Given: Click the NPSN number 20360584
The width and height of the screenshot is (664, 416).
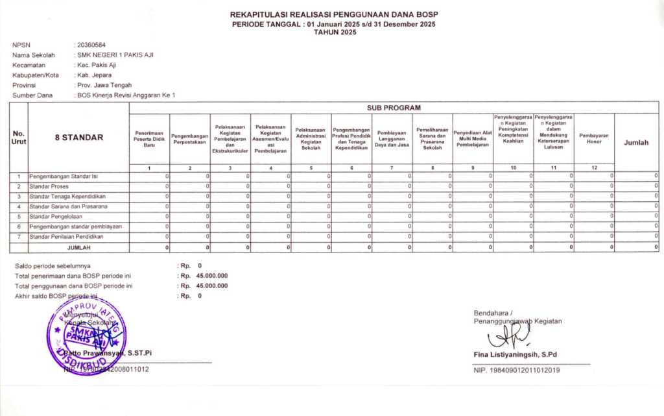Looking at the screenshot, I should [x=91, y=45].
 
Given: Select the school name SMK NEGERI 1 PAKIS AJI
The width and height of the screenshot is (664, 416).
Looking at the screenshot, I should [x=115, y=55].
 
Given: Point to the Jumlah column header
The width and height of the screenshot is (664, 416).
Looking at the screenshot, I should [x=635, y=143].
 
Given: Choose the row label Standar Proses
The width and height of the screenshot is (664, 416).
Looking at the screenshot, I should [x=49, y=186].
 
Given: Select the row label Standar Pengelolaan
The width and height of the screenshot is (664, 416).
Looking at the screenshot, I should [x=56, y=216].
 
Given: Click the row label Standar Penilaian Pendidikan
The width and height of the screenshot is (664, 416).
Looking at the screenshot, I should [x=67, y=236].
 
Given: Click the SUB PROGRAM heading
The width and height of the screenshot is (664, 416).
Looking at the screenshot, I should [x=394, y=107].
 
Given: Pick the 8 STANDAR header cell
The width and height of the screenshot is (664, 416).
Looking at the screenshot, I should [x=78, y=138].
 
